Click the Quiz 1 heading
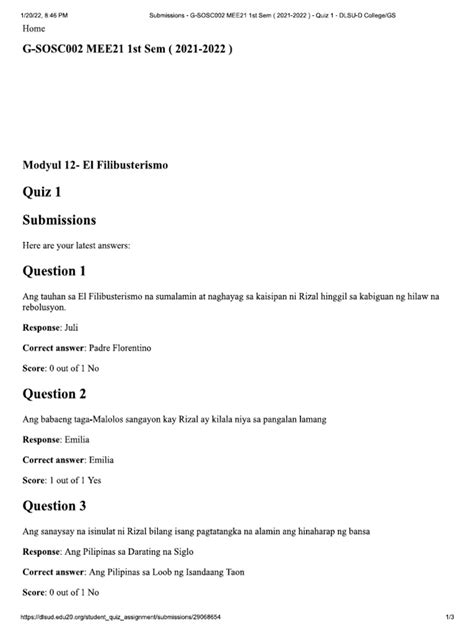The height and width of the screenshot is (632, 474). [x=47, y=190]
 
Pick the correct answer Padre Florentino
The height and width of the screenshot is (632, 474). [x=132, y=348]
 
